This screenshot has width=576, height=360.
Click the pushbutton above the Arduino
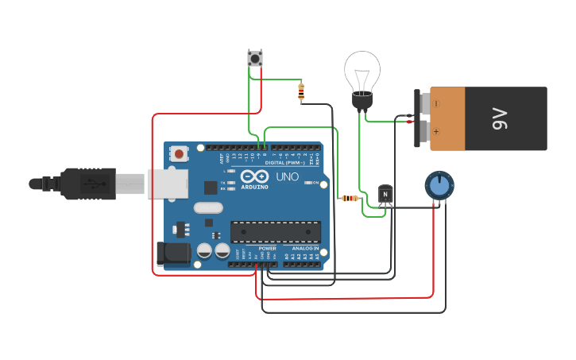[x=255, y=58]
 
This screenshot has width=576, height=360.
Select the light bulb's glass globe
[x=362, y=72]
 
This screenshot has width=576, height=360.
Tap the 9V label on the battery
[x=500, y=119]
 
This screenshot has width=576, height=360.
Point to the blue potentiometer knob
[x=438, y=185]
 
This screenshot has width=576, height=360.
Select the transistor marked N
[x=385, y=194]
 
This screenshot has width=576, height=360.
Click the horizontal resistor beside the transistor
[x=349, y=198]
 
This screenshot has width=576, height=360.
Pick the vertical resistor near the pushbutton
[x=301, y=92]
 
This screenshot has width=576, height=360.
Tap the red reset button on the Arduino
[x=180, y=153]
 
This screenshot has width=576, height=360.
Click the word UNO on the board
[x=287, y=176]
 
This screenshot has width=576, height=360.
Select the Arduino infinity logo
[x=254, y=176]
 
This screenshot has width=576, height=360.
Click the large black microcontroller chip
[x=276, y=232]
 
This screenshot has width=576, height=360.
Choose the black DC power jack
[x=172, y=254]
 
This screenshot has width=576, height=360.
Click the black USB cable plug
[x=87, y=184]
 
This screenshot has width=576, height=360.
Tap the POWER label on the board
[x=268, y=248]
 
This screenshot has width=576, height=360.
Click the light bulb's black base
[x=362, y=101]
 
